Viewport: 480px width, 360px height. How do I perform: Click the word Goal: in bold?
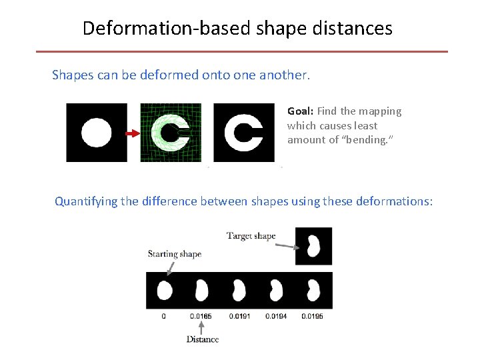pos(301,111)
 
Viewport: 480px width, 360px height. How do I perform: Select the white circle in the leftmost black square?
pos(97,133)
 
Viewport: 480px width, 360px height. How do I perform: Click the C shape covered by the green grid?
pos(169,133)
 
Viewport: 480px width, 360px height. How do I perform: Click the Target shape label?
pos(251,236)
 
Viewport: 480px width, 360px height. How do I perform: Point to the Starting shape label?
pos(174,253)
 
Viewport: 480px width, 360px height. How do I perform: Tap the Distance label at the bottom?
pos(202,339)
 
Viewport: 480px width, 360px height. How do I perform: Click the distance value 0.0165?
pos(201,316)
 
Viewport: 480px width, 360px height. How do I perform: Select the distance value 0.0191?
pos(239,316)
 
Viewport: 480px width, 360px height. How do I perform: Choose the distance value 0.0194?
pos(275,316)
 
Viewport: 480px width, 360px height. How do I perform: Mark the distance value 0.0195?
pos(311,316)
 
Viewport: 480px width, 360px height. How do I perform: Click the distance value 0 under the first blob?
pos(164,316)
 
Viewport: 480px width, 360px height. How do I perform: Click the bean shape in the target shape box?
pos(313,245)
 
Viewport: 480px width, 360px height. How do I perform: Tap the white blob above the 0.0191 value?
pos(238,290)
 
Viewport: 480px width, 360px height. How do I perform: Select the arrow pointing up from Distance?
pos(201,327)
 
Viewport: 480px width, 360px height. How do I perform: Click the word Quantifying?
pos(85,201)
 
